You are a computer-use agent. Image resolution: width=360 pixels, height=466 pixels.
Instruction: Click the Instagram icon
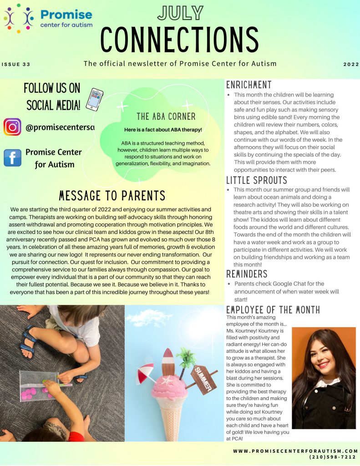pyautogui.click(x=12, y=127)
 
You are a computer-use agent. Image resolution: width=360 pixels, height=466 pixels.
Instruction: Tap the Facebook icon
pyautogui.click(x=12, y=158)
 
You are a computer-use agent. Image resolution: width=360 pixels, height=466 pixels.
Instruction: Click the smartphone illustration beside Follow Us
pyautogui.click(x=94, y=99)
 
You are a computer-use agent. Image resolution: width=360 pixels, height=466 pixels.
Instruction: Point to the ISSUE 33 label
pyautogui.click(x=16, y=64)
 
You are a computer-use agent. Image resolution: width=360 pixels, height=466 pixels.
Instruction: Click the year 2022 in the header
pyautogui.click(x=351, y=64)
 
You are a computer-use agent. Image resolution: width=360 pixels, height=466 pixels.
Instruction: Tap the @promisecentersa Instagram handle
pyautogui.click(x=60, y=127)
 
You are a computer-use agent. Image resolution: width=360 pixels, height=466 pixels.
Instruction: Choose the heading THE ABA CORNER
pyautogui.click(x=166, y=116)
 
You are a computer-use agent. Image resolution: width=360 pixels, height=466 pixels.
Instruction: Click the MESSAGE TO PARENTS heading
pyautogui.click(x=112, y=196)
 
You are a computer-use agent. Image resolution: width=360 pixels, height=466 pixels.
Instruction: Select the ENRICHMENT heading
pyautogui.click(x=248, y=85)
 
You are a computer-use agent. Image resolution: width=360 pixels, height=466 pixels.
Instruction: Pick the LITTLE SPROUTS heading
pyautogui.click(x=257, y=180)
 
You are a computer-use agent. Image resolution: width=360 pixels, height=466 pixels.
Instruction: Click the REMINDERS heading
pyautogui.click(x=247, y=274)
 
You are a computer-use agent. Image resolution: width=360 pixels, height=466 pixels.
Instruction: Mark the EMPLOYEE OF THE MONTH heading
pyautogui.click(x=273, y=310)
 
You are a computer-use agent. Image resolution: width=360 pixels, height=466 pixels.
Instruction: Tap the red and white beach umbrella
pyautogui.click(x=146, y=372)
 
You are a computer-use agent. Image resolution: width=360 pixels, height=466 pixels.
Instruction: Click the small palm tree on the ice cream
pyautogui.click(x=187, y=358)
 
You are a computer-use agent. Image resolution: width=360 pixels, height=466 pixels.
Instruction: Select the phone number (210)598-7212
pyautogui.click(x=332, y=456)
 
